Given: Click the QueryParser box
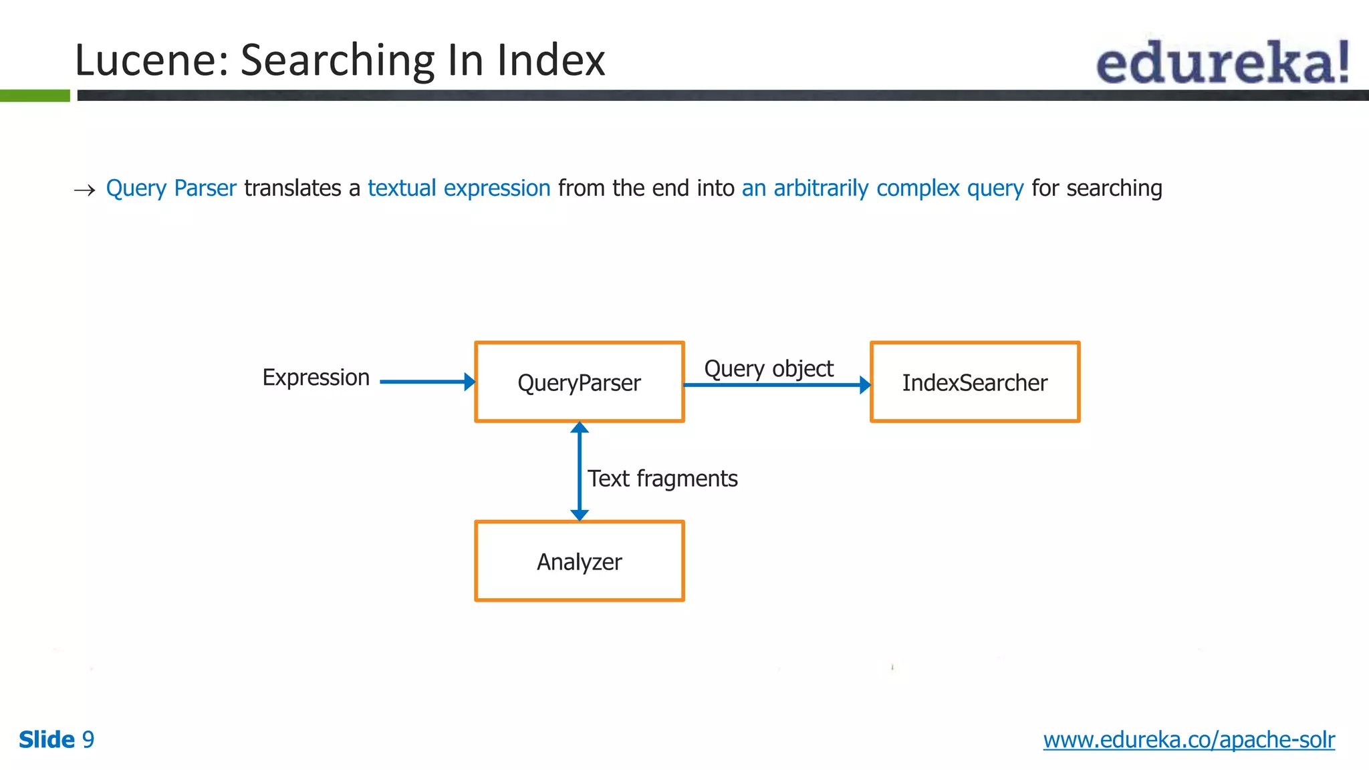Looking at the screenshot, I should [579, 382].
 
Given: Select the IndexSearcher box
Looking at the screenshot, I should [975, 382].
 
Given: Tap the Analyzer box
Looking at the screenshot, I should [579, 561].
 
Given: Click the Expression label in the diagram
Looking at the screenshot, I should [316, 378].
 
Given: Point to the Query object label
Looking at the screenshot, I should [769, 369].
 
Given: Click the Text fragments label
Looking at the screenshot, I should [662, 479].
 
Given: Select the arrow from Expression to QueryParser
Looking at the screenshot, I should [426, 382].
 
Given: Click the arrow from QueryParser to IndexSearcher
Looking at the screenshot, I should [775, 385].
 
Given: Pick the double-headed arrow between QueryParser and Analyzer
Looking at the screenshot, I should [580, 471].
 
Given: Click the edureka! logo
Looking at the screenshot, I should [1222, 62].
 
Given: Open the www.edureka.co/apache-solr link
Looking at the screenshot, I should [1189, 740].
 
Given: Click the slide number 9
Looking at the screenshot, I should [88, 740].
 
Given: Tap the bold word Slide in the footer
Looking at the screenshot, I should [47, 740].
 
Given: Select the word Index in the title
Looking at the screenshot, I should [551, 60].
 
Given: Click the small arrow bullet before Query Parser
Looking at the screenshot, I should [84, 190].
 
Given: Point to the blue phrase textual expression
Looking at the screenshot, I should [459, 188].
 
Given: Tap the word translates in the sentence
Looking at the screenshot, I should [293, 188].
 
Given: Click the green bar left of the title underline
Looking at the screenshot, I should [35, 96].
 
